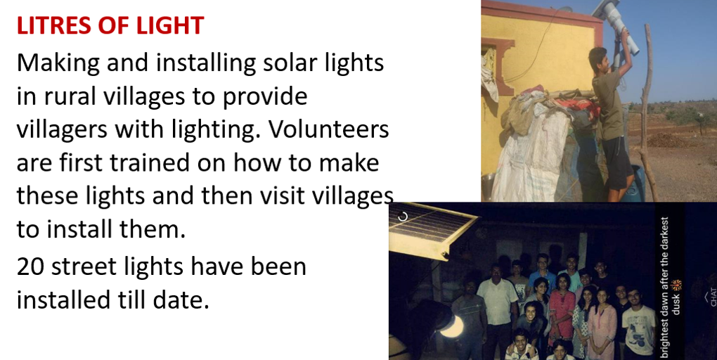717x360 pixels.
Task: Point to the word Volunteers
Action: (328, 129)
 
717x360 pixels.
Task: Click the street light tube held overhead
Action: (615, 23)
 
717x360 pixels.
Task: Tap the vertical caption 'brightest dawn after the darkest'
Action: (665, 288)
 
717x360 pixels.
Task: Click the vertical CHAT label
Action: (712, 297)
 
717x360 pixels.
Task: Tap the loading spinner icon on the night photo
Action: (402, 217)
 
